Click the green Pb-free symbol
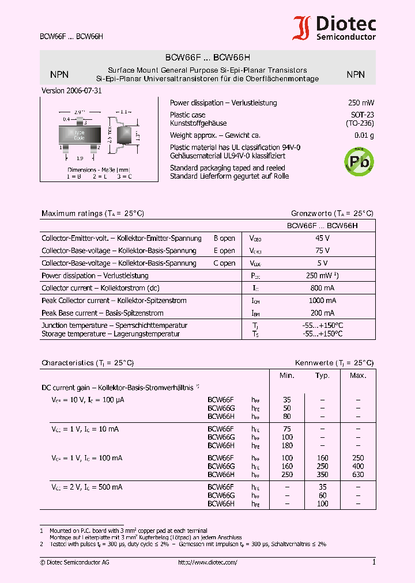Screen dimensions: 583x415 coord(358,161)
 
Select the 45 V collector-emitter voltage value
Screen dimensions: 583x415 coord(322,238)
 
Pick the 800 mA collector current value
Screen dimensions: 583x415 coord(322,288)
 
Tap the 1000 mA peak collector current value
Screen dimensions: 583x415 coord(322,301)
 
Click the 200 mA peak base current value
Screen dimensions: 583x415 coord(322,313)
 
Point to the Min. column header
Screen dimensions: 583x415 coord(286,376)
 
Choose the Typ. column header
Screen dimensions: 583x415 coord(322,376)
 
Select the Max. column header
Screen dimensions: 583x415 coord(358,376)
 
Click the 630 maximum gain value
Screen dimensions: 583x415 coord(358,475)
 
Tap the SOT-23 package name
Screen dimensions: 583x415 coord(362,115)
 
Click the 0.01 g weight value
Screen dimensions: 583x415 coord(364,136)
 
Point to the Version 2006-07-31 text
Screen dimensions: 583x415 coord(73,91)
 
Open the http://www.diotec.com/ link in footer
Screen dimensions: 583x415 coord(207,562)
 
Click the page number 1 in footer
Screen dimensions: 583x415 coord(373,562)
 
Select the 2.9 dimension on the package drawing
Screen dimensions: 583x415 coord(80,111)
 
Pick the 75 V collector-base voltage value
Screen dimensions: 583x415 coord(322,251)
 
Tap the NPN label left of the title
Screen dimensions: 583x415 coord(59,74)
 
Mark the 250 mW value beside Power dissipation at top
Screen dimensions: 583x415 coord(361,103)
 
